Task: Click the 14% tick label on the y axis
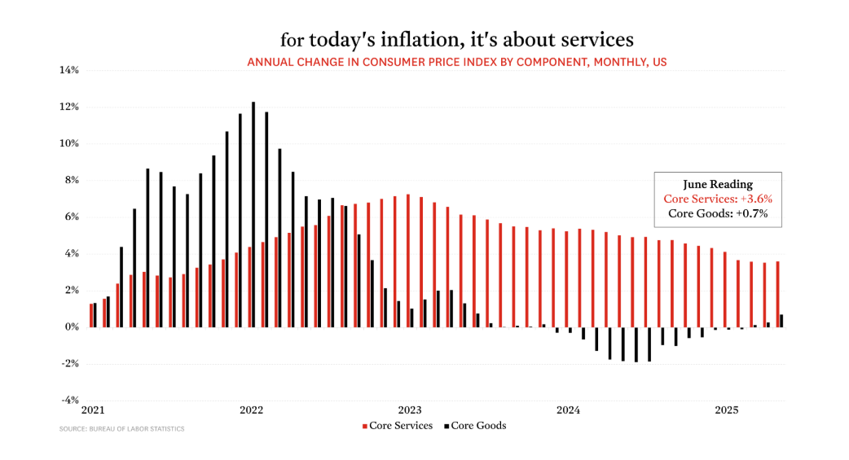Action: [68, 70]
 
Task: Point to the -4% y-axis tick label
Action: [68, 400]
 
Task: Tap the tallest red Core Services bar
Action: [408, 261]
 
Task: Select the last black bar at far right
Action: [781, 321]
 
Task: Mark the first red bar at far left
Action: [91, 315]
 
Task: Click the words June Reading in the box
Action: [718, 184]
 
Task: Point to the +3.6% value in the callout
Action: [754, 199]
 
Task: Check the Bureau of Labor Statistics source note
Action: [121, 429]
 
